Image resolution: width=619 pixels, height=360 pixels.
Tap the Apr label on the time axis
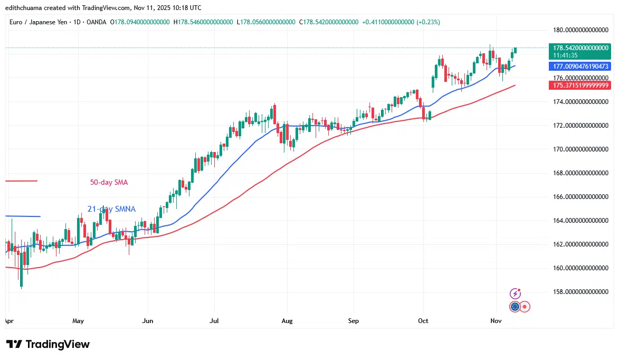click(x=9, y=320)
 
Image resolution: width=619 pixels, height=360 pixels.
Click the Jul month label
click(x=214, y=320)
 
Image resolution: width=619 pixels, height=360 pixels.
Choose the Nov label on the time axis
click(x=496, y=320)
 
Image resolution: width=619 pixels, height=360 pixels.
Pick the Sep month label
click(x=354, y=320)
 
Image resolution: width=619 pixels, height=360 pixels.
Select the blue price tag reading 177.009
click(x=580, y=67)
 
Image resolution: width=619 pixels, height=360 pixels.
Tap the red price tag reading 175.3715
click(x=580, y=85)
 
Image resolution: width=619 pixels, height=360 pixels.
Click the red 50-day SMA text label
click(x=109, y=183)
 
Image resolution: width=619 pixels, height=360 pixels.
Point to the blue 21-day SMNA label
click(x=111, y=209)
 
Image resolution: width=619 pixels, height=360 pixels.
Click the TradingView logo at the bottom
click(x=48, y=344)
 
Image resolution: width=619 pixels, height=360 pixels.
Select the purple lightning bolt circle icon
click(x=516, y=293)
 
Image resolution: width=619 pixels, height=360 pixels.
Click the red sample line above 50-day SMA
click(x=21, y=181)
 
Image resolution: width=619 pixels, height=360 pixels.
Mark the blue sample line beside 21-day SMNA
click(x=23, y=216)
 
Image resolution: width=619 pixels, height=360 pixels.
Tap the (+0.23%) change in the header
click(x=428, y=22)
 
